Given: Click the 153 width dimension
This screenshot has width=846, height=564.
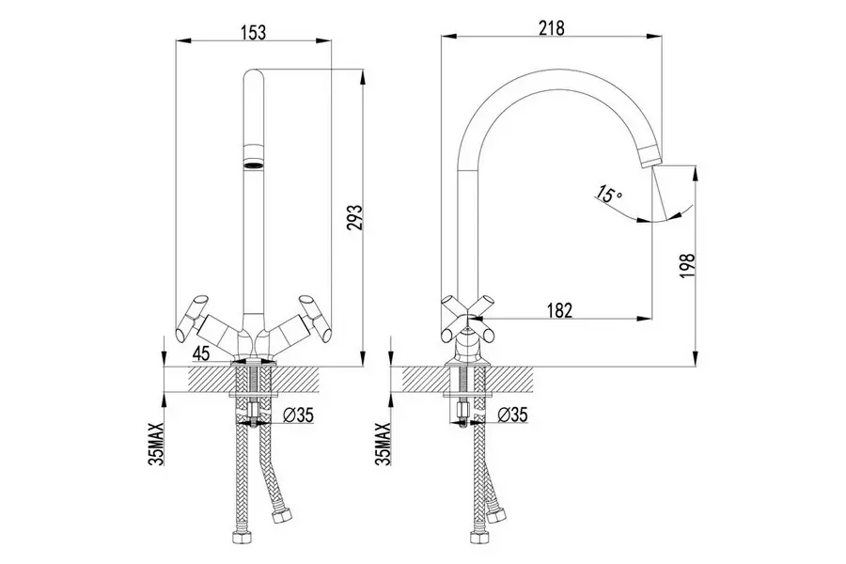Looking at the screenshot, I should pos(253,29).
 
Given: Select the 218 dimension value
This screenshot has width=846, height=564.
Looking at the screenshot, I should pos(551,27).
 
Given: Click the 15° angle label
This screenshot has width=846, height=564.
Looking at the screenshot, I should pos(608,196).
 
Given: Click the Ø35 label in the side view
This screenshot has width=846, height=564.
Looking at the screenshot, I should pos(513,415).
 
